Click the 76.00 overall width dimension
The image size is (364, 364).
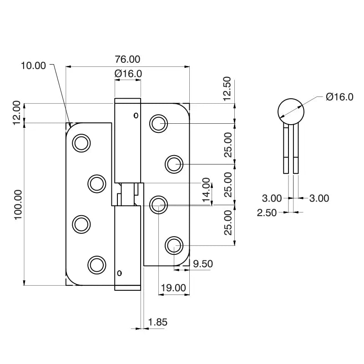[x=127, y=59]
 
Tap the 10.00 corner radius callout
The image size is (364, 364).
[x=34, y=66]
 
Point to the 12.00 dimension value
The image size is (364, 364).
[x=16, y=113]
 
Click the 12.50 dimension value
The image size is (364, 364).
[x=227, y=88]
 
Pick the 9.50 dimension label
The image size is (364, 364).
[x=203, y=263]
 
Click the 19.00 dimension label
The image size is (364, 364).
[x=173, y=288]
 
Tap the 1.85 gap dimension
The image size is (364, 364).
[x=158, y=322]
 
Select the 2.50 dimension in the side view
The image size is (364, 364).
[x=267, y=212]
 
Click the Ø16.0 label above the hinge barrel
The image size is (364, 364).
[x=128, y=73]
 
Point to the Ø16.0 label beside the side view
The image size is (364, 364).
[x=339, y=96]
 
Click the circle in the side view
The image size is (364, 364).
[x=290, y=111]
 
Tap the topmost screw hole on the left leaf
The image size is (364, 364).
[x=81, y=143]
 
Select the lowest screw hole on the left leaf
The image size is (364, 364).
[x=96, y=264]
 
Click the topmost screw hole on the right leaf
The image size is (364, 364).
[x=159, y=123]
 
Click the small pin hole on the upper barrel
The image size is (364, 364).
[x=135, y=116]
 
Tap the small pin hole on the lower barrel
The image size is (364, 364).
[x=120, y=273]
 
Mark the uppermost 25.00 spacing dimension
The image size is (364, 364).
[x=227, y=144]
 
